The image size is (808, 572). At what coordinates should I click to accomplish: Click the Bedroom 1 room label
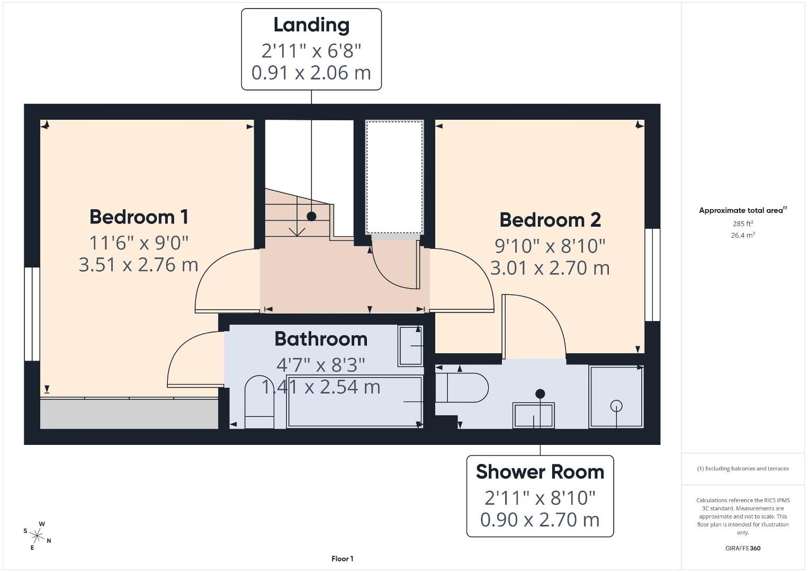tap(139, 217)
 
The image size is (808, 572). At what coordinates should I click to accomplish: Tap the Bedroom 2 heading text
tap(550, 220)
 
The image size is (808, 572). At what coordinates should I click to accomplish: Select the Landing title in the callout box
tap(311, 25)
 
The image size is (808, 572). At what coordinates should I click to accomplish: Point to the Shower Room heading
tap(540, 472)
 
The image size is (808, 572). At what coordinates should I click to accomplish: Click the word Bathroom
tap(321, 339)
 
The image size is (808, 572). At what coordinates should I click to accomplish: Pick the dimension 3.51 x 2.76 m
tap(139, 264)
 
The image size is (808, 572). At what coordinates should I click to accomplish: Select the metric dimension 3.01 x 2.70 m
tap(550, 268)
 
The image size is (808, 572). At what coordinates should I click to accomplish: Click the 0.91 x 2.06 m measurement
tap(311, 73)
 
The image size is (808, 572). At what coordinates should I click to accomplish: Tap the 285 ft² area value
tap(743, 224)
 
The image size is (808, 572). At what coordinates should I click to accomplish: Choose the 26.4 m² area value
tap(743, 235)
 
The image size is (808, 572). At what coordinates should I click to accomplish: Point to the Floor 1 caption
tap(343, 559)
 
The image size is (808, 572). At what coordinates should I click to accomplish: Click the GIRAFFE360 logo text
tap(743, 548)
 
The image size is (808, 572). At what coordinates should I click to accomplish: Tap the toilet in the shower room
tap(462, 388)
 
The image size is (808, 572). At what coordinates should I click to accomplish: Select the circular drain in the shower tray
tap(616, 406)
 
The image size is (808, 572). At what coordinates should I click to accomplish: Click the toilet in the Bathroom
tap(259, 402)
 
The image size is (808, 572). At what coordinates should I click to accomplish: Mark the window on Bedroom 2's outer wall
tap(652, 275)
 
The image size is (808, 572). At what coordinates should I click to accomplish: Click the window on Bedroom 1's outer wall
tap(32, 314)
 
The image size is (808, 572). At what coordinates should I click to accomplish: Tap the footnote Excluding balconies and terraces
tap(743, 468)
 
